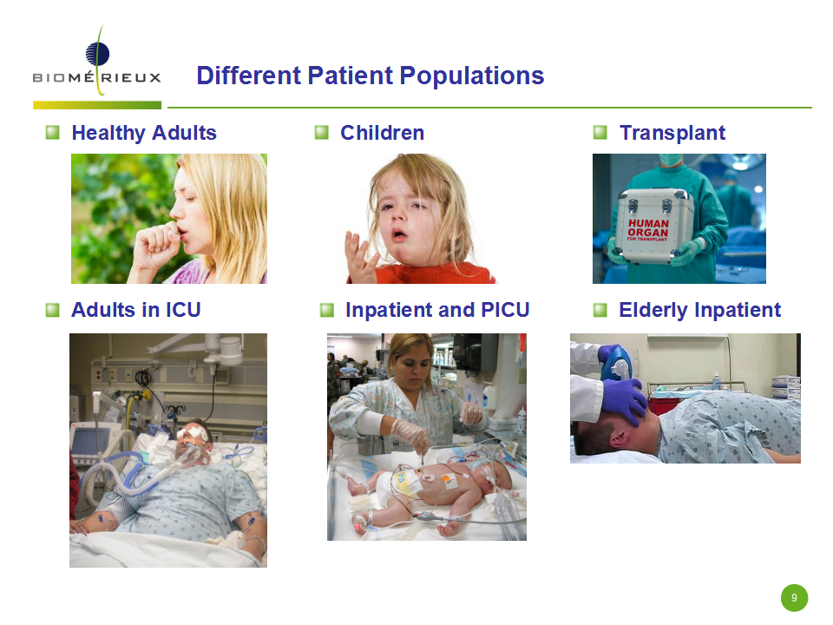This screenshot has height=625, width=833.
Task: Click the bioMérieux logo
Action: click(x=97, y=67)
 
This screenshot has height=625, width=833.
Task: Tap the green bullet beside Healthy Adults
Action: click(x=53, y=132)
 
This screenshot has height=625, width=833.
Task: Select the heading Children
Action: click(x=382, y=133)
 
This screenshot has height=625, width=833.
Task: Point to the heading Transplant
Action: click(x=672, y=133)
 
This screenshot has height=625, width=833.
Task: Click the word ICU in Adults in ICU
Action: click(x=183, y=310)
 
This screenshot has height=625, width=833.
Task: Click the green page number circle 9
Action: click(x=794, y=598)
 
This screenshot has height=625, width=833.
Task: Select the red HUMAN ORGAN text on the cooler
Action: click(x=648, y=228)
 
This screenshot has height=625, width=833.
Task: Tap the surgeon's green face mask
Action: click(x=671, y=159)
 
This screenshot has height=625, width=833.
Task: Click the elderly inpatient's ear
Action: click(x=619, y=437)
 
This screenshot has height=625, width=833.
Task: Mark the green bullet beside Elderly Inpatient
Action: click(x=600, y=310)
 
